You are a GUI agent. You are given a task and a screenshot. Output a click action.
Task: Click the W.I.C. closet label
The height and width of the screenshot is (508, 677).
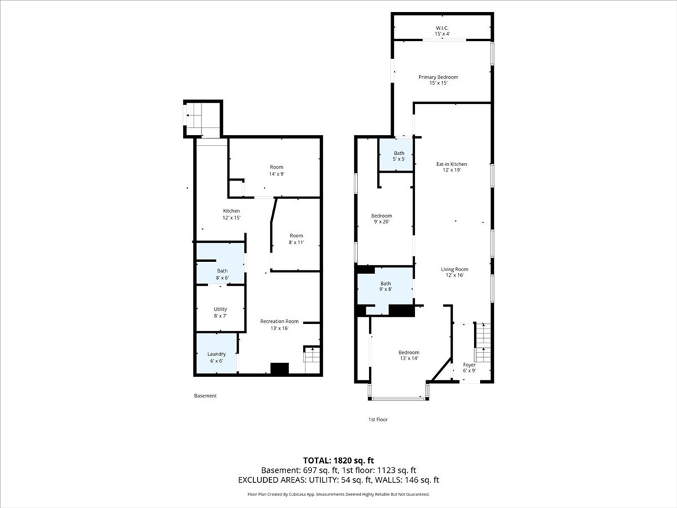442,30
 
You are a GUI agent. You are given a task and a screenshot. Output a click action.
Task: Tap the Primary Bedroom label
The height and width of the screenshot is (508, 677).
438,80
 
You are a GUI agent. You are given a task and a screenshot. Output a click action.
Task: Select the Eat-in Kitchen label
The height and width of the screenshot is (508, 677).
452,167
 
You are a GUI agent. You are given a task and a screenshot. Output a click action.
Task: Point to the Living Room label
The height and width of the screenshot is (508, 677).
455,272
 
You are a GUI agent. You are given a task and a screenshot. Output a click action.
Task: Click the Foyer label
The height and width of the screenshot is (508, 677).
469,368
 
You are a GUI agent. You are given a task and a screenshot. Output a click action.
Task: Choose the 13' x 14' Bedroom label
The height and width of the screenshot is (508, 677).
409,355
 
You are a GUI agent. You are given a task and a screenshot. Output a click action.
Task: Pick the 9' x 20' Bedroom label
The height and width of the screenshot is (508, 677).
381,218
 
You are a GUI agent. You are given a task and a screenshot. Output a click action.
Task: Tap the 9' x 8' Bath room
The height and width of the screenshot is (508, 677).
385,286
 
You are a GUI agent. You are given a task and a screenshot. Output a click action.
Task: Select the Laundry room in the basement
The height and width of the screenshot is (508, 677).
217,353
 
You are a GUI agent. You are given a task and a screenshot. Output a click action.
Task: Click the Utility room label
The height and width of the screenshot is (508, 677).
221,312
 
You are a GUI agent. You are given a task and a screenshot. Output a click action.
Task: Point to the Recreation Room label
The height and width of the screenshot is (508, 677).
280,324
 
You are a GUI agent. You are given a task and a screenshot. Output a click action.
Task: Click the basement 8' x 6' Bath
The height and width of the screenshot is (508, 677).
221,263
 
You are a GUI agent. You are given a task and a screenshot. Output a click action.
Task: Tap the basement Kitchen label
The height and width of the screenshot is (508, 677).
231,214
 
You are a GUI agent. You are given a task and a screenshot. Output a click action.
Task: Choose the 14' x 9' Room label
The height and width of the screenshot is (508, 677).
277,170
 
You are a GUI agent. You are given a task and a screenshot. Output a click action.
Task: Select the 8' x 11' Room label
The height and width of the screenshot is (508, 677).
297,239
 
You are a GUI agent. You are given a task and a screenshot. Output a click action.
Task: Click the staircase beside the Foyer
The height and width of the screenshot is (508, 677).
483,343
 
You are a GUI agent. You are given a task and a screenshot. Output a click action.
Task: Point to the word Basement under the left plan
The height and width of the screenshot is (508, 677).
206,396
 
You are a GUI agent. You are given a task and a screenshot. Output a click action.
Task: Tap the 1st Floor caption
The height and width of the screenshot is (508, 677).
378,419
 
